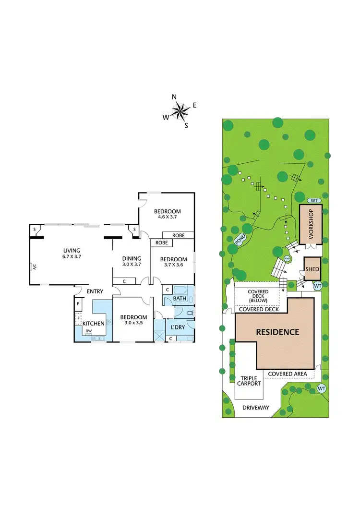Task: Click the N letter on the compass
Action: click(x=174, y=97)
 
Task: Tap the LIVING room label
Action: click(x=71, y=250)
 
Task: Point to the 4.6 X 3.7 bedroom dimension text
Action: click(x=167, y=217)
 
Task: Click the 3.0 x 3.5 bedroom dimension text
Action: click(x=133, y=323)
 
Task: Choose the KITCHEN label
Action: click(x=94, y=324)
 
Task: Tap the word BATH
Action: click(x=180, y=299)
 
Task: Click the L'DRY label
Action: click(x=179, y=327)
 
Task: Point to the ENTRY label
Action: click(x=95, y=291)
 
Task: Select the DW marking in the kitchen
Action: click(x=89, y=331)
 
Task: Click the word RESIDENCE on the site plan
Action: click(x=277, y=332)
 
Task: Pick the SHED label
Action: click(x=312, y=269)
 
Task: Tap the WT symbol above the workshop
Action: click(x=314, y=200)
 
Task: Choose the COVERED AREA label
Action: click(x=287, y=374)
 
